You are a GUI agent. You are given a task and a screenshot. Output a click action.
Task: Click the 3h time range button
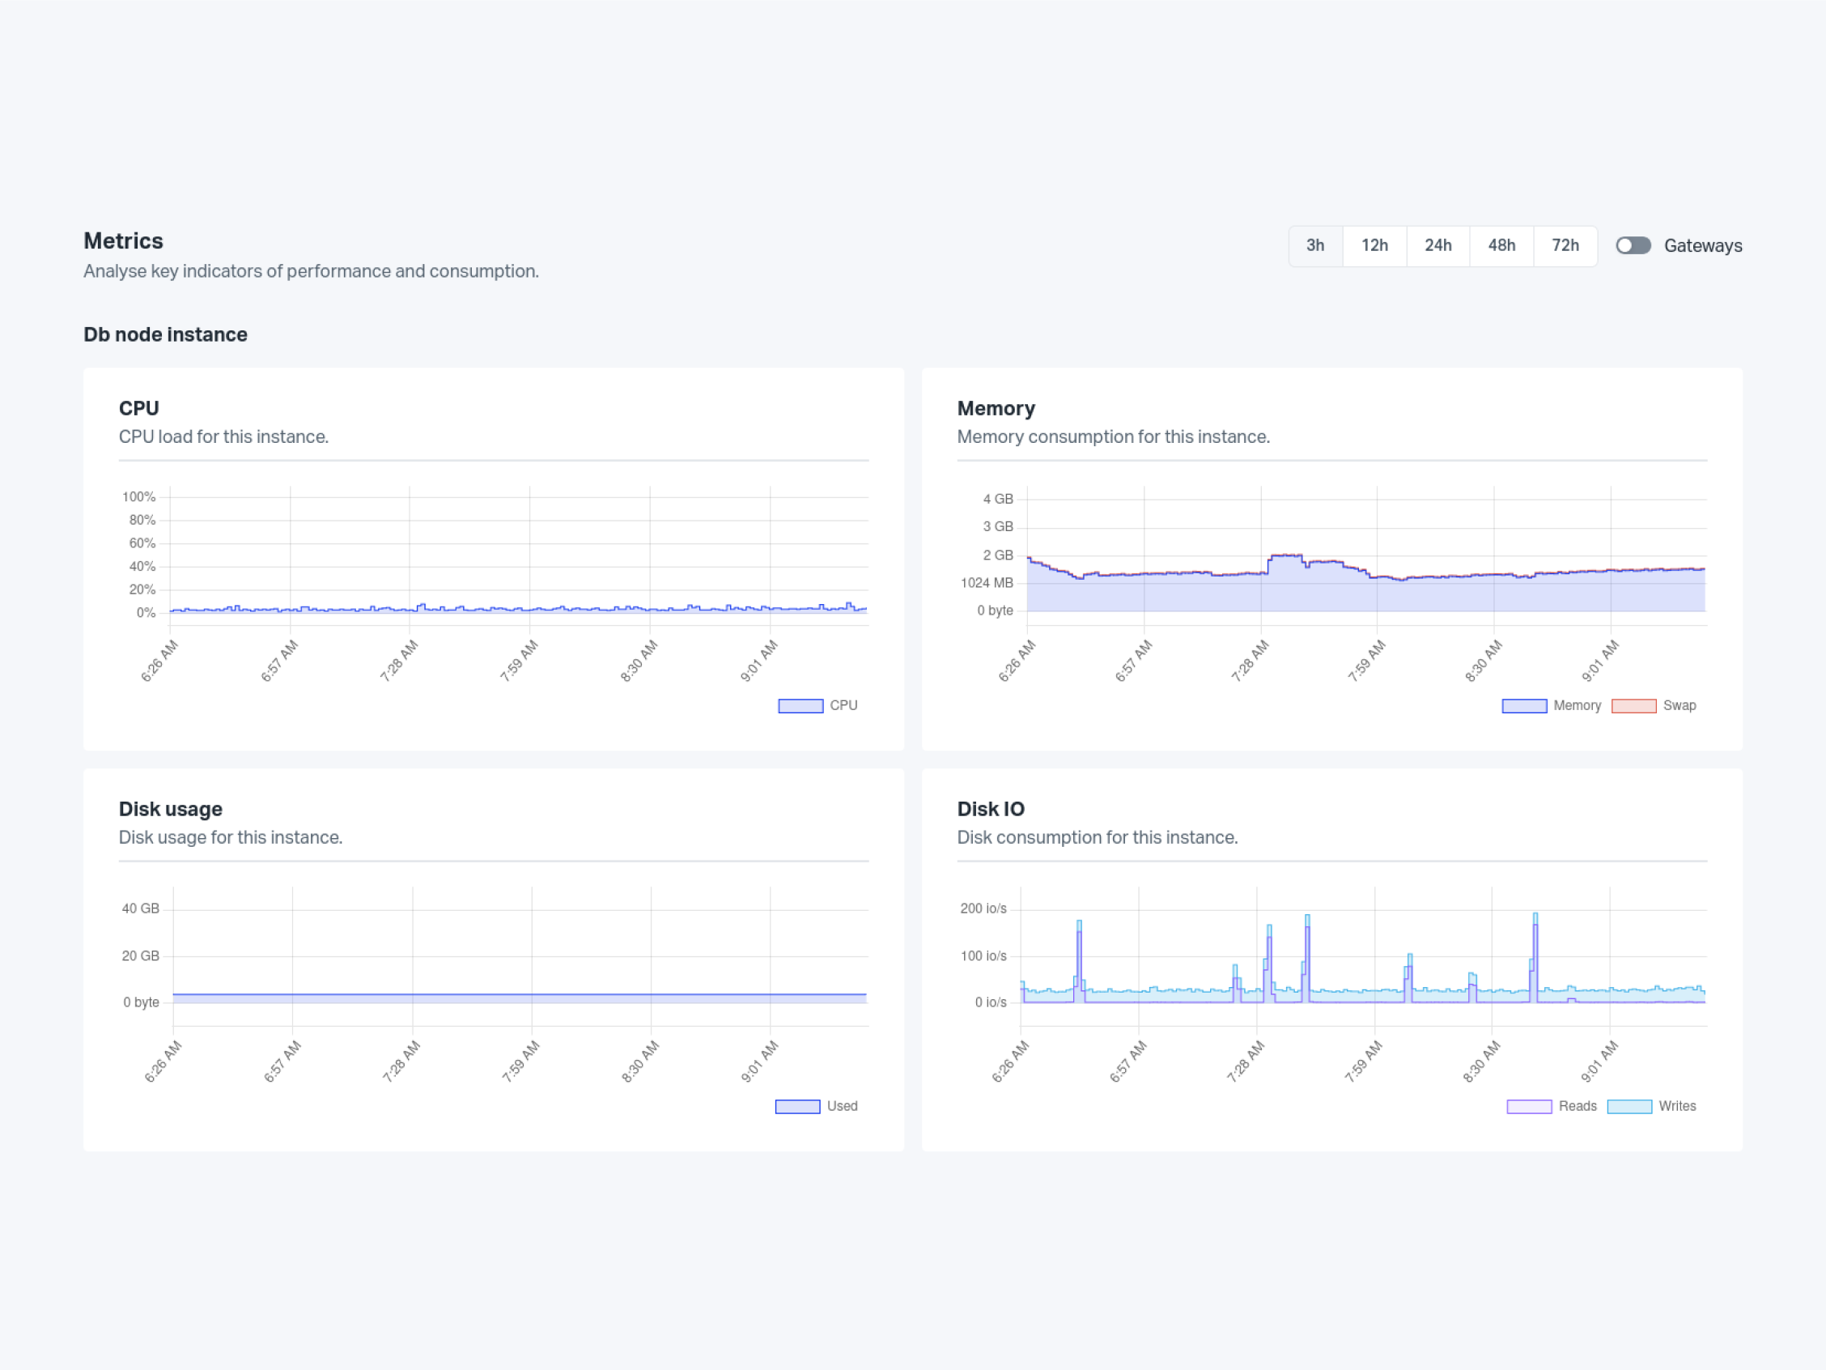pyautogui.click(x=1315, y=245)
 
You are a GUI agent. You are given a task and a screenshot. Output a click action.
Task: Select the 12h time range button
pyautogui.click(x=1374, y=245)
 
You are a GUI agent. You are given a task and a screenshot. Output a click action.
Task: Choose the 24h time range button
pyautogui.click(x=1438, y=245)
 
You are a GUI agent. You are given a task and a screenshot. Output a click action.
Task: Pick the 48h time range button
pyautogui.click(x=1501, y=245)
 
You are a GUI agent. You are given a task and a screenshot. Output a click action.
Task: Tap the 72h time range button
pyautogui.click(x=1565, y=245)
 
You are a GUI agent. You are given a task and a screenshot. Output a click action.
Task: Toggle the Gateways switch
pyautogui.click(x=1633, y=245)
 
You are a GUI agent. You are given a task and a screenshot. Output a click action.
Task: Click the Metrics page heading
pyautogui.click(x=124, y=241)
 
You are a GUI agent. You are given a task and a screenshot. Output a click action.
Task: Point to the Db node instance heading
pyautogui.click(x=165, y=334)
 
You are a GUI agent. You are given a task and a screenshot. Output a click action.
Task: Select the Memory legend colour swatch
pyautogui.click(x=1524, y=706)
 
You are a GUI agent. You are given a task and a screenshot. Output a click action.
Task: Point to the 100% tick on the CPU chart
pyautogui.click(x=138, y=496)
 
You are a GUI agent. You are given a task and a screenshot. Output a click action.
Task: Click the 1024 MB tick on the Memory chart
pyautogui.click(x=987, y=583)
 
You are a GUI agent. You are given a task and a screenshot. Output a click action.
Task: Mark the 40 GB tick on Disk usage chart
pyautogui.click(x=140, y=908)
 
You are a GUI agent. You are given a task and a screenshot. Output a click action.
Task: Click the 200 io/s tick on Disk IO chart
pyautogui.click(x=983, y=908)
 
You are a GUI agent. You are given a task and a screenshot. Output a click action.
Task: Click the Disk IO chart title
pyautogui.click(x=991, y=809)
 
